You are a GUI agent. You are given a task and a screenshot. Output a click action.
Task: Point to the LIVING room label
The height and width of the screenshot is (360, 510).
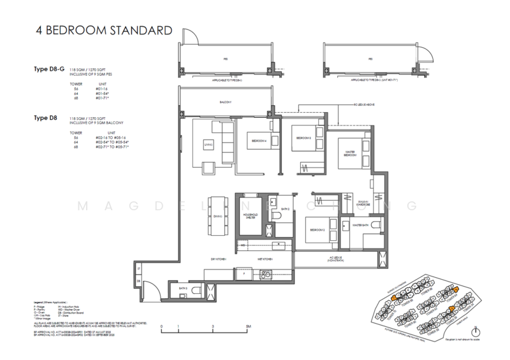208,145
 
